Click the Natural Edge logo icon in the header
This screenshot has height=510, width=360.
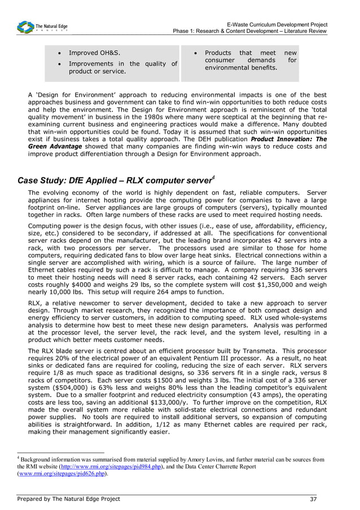coord(25,27)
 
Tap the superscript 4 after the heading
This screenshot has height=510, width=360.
coord(213,178)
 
